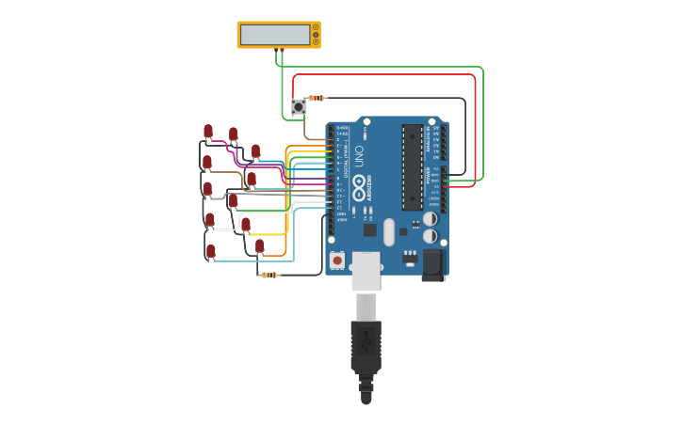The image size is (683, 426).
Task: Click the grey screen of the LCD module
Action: tap(275, 35)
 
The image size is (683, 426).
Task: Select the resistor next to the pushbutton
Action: tap(317, 98)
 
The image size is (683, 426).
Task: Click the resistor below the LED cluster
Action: tap(270, 275)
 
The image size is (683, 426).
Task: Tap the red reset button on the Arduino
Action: tap(337, 260)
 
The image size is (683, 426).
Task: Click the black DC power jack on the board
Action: tap(432, 264)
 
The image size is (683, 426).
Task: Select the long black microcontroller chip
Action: tap(412, 167)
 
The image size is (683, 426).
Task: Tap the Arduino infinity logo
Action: tap(359, 188)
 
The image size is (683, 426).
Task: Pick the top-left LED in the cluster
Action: tap(208, 132)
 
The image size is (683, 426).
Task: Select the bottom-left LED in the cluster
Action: tap(211, 251)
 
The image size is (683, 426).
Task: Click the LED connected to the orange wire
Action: tap(260, 246)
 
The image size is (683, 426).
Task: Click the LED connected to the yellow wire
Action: tap(246, 225)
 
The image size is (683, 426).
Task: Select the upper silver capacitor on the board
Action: tap(430, 219)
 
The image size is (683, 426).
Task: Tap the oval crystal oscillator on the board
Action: tap(389, 231)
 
